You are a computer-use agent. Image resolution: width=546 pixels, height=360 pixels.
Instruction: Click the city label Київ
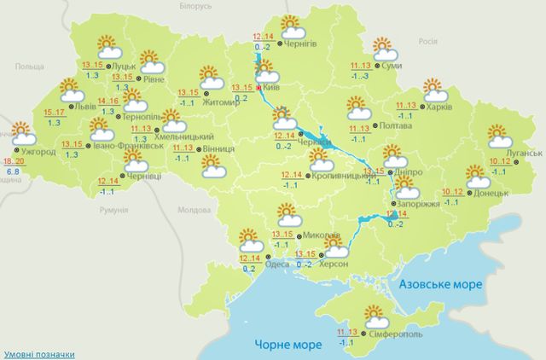(271, 87)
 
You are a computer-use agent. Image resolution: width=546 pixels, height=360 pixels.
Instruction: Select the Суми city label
(392, 67)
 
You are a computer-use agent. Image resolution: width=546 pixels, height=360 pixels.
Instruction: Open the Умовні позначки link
(37, 352)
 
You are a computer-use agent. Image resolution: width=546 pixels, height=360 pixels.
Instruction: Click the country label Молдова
(193, 210)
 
